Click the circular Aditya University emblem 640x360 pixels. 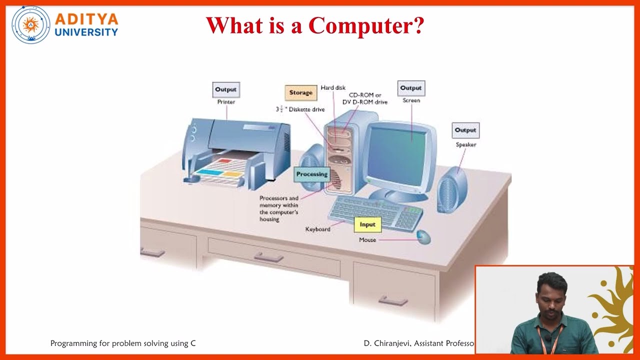pos(31,25)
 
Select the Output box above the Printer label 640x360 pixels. pos(225,90)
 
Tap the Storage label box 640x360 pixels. pos(300,93)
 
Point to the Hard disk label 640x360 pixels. pos(333,88)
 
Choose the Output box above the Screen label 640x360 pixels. pos(411,88)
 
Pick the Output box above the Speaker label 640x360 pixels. pos(465,130)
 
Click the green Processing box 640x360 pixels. pos(311,174)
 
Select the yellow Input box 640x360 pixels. pos(367,225)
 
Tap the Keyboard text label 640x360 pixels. pos(317,229)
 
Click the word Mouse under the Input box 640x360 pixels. pos(367,240)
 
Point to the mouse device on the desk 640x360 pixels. pos(423,236)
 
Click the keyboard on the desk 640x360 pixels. pos(375,210)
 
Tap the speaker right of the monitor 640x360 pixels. pos(452,190)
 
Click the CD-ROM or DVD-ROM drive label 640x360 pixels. pos(365,98)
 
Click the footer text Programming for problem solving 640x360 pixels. pos(123,343)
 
